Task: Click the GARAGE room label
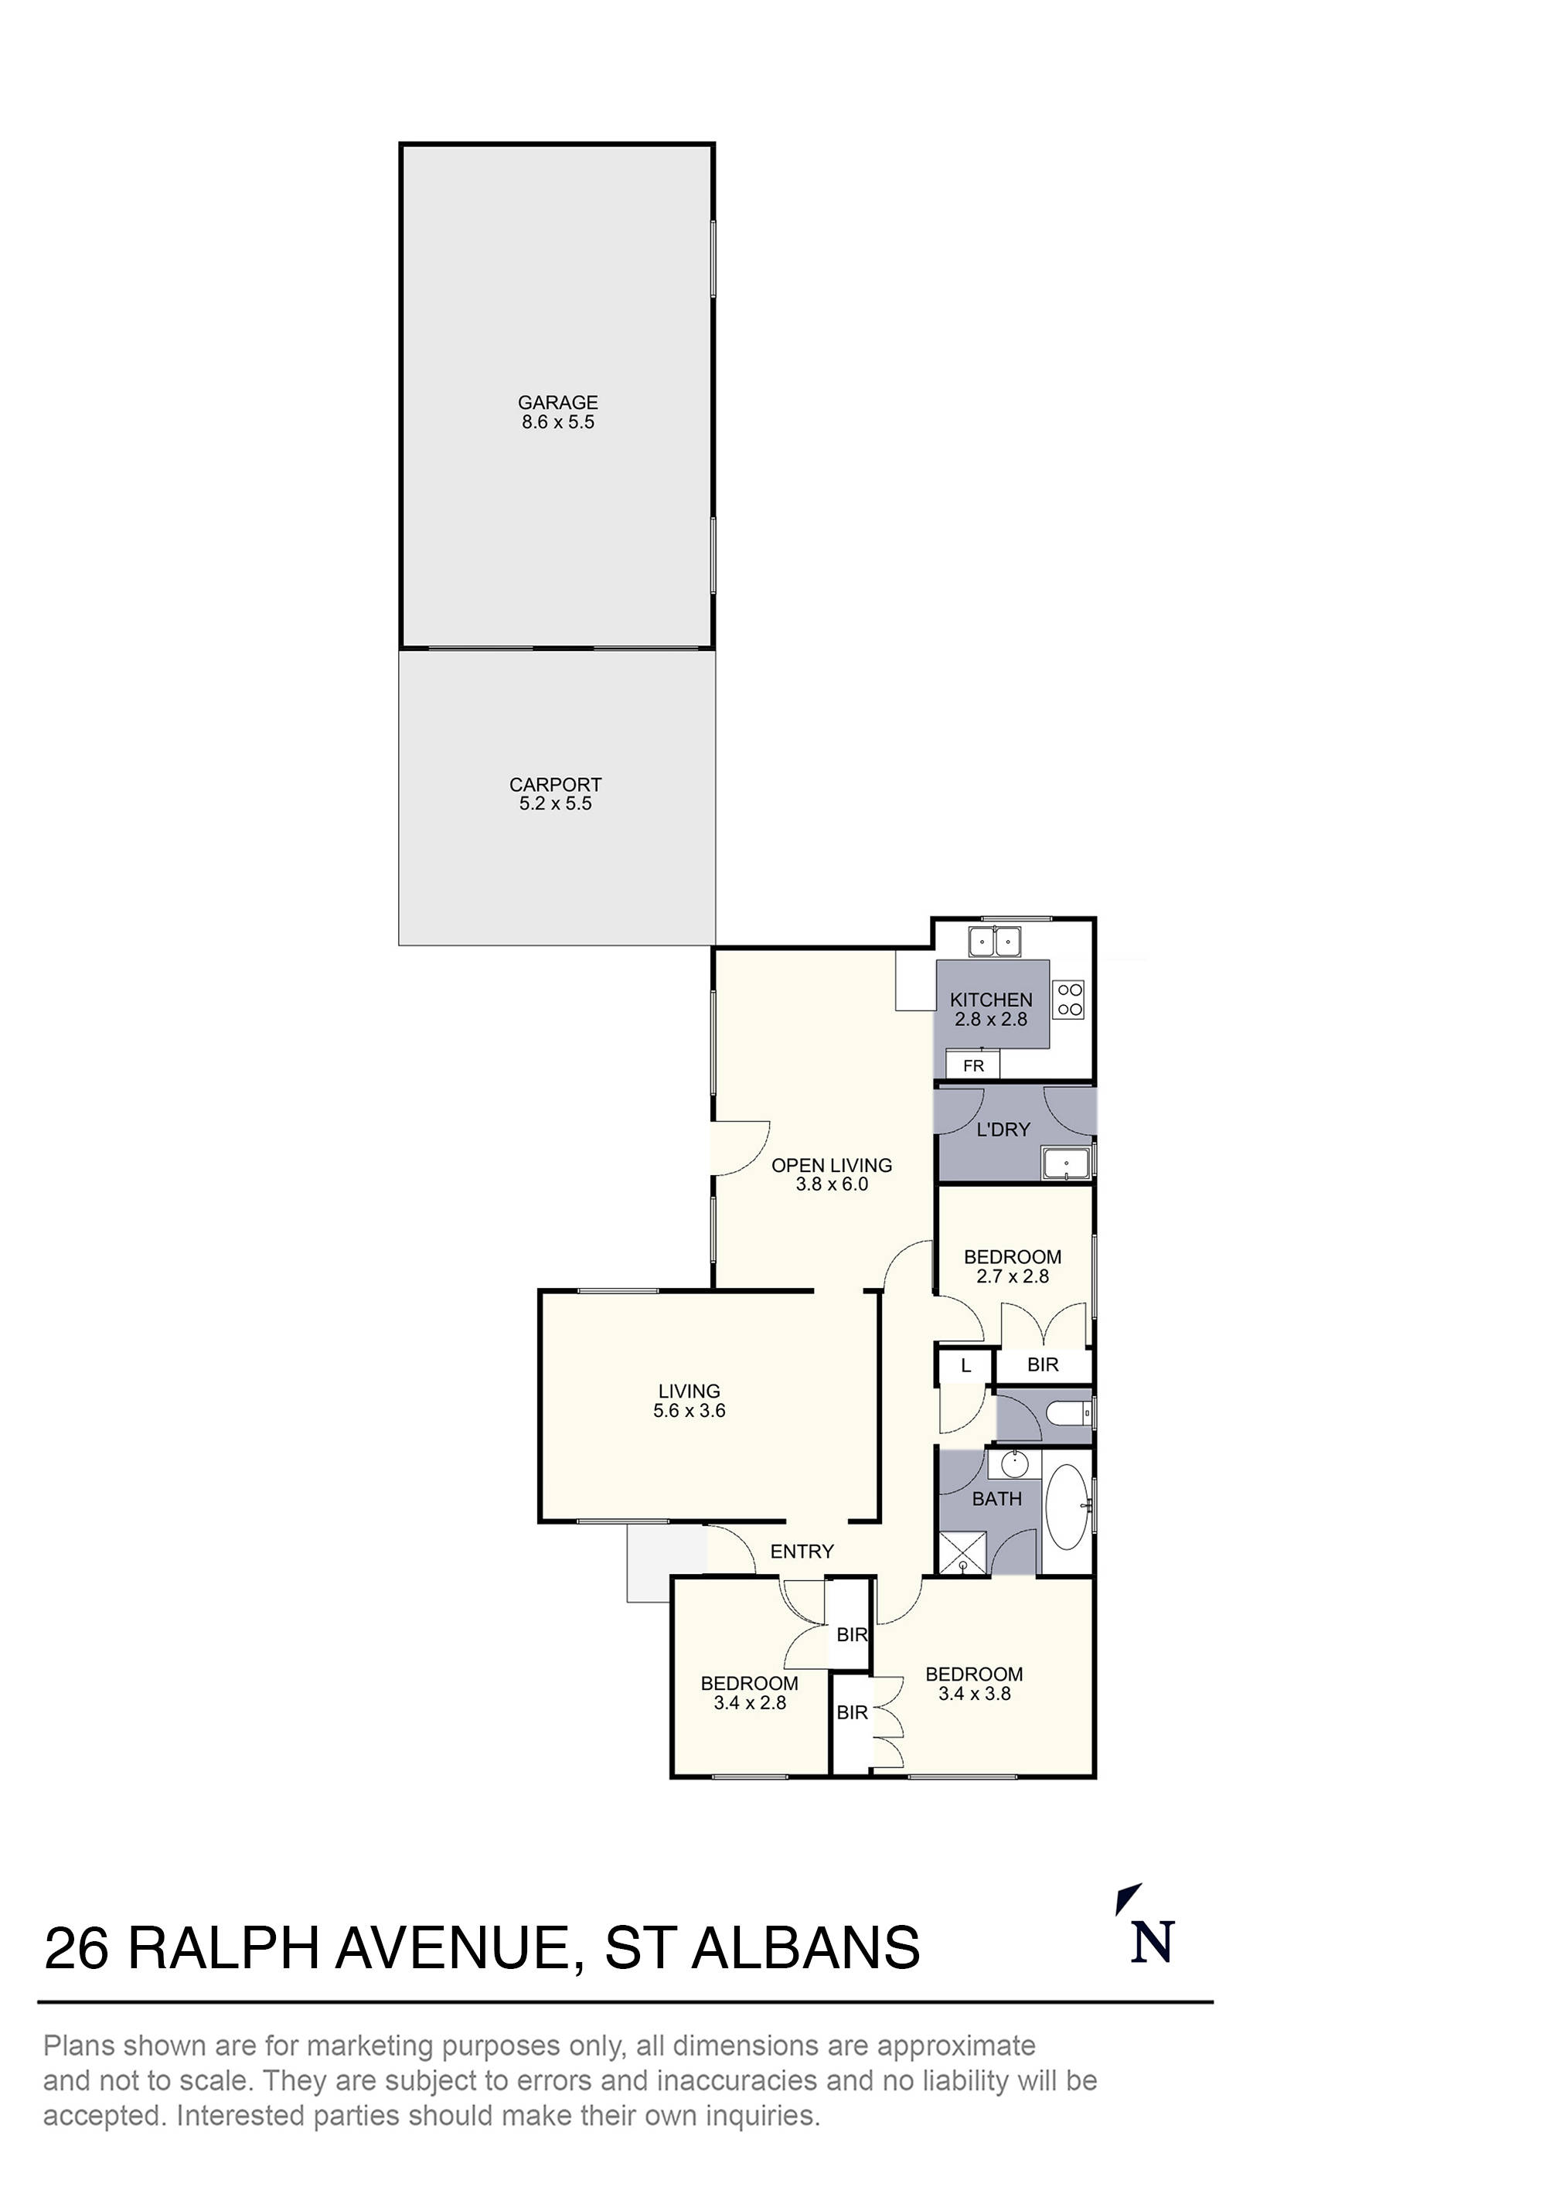[557, 403]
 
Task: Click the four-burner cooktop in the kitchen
[1069, 1000]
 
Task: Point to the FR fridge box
[972, 1066]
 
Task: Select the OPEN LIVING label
[831, 1165]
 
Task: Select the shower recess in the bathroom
[963, 1554]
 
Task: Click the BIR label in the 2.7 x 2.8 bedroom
[1042, 1365]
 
